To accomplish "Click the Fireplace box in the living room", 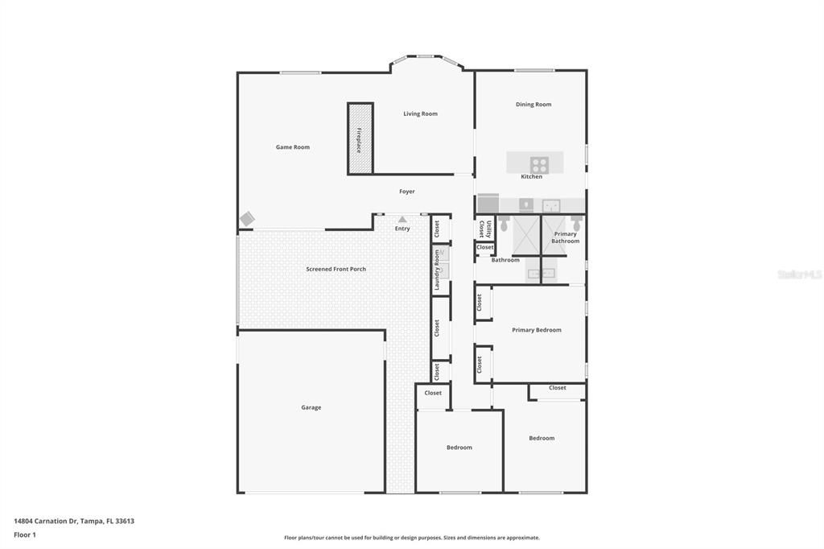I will pos(360,138).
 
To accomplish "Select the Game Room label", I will pos(292,147).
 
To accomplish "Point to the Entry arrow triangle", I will pos(402,219).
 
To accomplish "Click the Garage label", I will pos(311,407).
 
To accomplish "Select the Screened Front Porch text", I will pos(336,269).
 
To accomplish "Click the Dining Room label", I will pos(533,105).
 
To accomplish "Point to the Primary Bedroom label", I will pos(536,330).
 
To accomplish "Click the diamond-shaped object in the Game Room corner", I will pos(247,219).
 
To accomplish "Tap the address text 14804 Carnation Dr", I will pos(73,521).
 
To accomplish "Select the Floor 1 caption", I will pos(25,535).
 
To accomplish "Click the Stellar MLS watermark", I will pos(799,274).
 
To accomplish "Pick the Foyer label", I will pos(407,192).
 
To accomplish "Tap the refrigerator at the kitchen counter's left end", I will pos(488,203).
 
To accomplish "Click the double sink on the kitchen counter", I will pos(551,204).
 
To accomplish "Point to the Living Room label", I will pos(420,114).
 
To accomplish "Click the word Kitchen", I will pos(531,176).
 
